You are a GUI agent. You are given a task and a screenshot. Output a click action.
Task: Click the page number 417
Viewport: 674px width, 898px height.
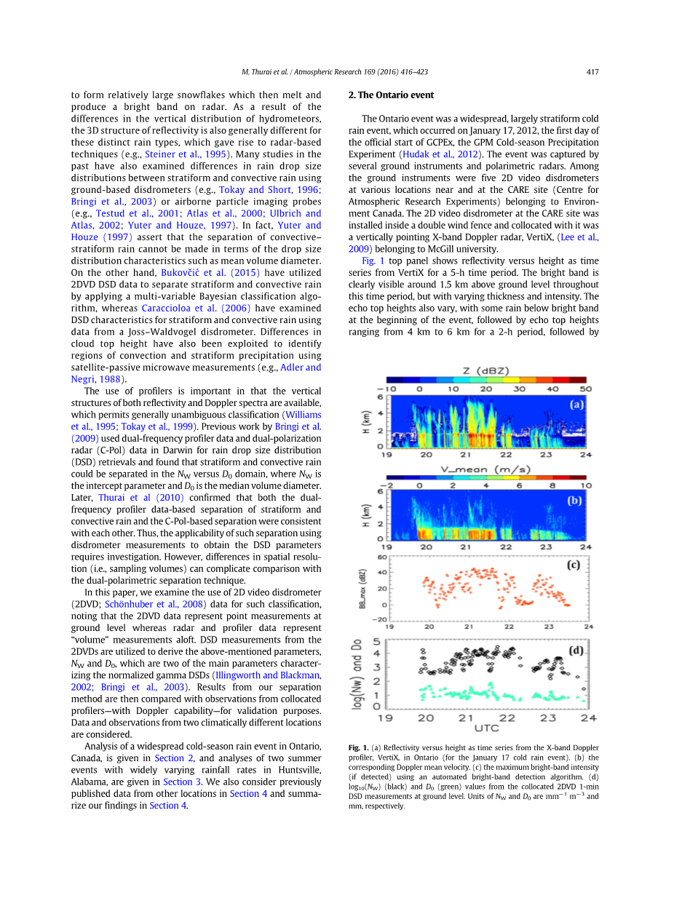(592, 72)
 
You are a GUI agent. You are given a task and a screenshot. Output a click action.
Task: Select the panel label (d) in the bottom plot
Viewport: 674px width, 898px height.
(576, 650)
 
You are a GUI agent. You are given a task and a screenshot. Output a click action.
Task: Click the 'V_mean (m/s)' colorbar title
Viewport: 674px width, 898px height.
(486, 469)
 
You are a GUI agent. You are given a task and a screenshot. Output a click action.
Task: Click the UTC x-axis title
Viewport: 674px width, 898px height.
(486, 728)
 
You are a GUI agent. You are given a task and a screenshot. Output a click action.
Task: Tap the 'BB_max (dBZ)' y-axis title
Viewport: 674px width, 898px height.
(362, 588)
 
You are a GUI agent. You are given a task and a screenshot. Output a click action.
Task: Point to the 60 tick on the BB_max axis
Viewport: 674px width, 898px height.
(381, 557)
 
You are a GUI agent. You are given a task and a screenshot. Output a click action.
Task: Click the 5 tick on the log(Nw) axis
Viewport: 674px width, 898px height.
(376, 641)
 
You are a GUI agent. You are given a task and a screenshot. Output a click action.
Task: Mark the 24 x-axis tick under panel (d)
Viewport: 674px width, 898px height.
(588, 718)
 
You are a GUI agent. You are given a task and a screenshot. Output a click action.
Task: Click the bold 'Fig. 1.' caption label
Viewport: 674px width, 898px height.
(358, 747)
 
